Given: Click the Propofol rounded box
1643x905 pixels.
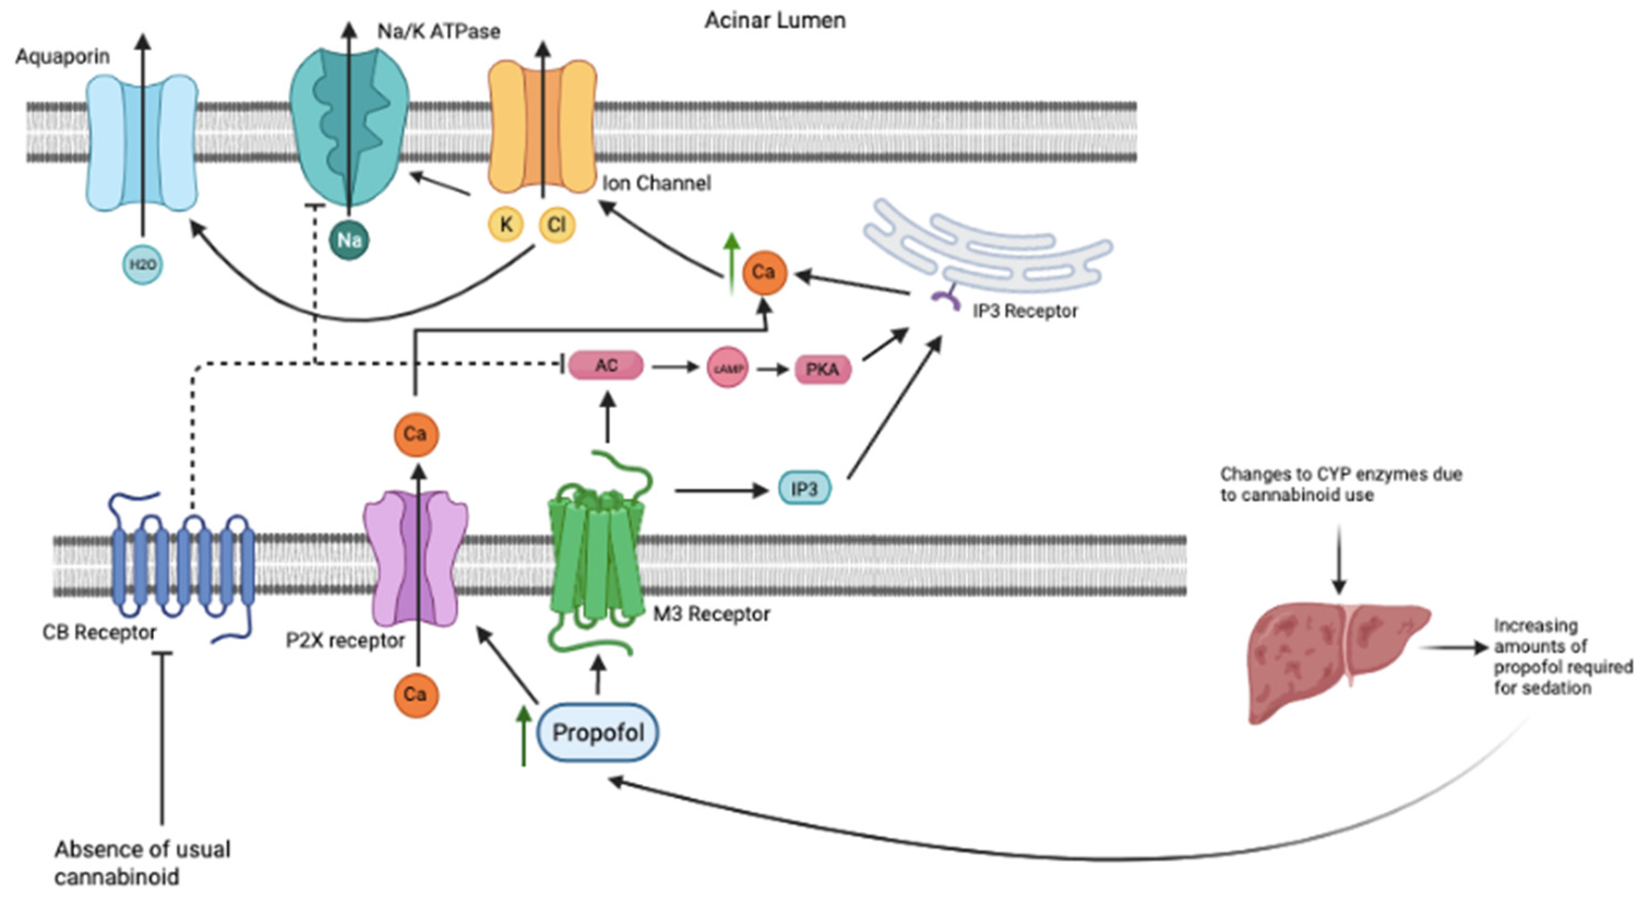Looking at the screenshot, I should pyautogui.click(x=598, y=732).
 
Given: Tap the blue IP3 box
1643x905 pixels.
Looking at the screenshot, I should pyautogui.click(x=804, y=489).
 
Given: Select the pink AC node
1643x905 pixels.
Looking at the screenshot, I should pyautogui.click(x=606, y=365).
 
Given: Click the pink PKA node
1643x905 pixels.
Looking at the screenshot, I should pyautogui.click(x=822, y=369).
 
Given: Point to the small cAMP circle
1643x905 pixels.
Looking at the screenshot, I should pyautogui.click(x=728, y=368).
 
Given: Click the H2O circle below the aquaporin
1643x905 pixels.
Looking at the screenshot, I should pyautogui.click(x=142, y=265).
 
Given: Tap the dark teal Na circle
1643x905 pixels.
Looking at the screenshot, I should pyautogui.click(x=349, y=241).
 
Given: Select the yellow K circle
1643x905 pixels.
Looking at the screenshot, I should pyautogui.click(x=506, y=225).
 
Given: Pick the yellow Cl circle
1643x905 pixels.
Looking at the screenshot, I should pyautogui.click(x=556, y=225).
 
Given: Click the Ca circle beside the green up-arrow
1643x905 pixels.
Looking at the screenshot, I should pyautogui.click(x=763, y=272).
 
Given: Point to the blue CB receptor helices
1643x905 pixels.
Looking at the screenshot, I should pyautogui.click(x=183, y=565).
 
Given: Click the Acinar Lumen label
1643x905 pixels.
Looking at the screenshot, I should pyautogui.click(x=774, y=20).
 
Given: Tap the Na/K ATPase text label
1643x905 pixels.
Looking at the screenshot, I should pyautogui.click(x=438, y=31).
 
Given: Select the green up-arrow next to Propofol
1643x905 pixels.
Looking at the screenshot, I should pyautogui.click(x=524, y=735).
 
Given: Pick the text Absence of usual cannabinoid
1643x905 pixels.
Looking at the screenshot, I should pyautogui.click(x=141, y=863).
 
